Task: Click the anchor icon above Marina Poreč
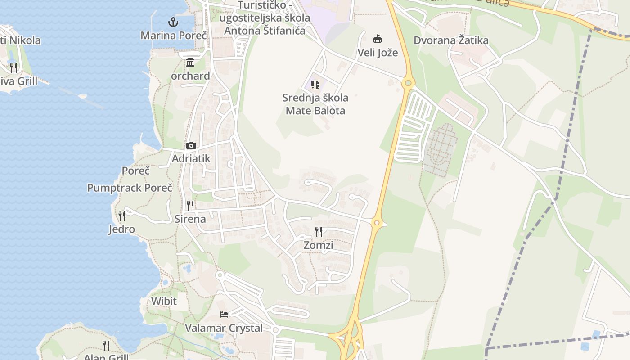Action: pos(173,22)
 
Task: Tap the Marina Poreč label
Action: pos(173,35)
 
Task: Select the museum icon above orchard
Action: pos(190,62)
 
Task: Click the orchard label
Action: pos(190,76)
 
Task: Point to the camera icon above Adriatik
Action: pos(191,145)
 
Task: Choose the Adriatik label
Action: pos(191,158)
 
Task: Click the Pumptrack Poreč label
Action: pos(130,188)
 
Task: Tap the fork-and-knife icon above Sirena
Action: pos(190,206)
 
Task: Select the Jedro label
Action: pos(121,229)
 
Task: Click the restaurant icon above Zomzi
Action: pos(319,232)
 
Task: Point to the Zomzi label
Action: pos(319,245)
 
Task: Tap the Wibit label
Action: pos(164,301)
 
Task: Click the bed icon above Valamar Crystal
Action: pos(224,314)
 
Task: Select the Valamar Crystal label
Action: pos(224,328)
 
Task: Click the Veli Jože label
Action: pos(378,52)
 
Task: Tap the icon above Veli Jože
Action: pos(378,39)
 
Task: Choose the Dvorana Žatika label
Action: pos(451,40)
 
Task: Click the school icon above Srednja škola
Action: pos(315,84)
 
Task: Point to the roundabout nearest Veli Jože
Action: pos(408,83)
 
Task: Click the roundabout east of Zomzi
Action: pos(377,222)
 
